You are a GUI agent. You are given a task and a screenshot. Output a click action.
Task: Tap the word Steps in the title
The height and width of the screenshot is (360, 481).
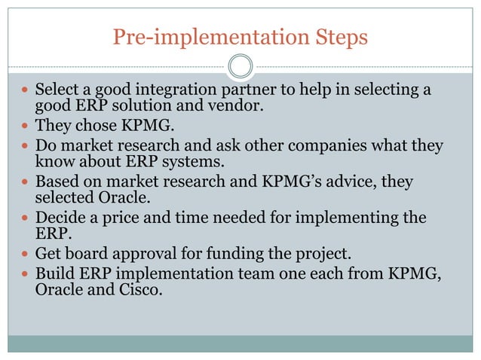point(333,36)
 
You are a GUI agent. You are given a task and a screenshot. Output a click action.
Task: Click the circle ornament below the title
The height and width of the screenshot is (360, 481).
point(240,66)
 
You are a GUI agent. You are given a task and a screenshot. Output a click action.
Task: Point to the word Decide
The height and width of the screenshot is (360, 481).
point(61,218)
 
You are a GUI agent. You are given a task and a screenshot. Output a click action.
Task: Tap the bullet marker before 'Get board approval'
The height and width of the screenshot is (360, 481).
point(25,254)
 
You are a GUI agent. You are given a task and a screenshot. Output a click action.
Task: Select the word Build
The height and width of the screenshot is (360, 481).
point(55,273)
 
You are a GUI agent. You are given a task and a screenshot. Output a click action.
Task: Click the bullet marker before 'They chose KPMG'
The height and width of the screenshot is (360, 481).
point(25,126)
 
